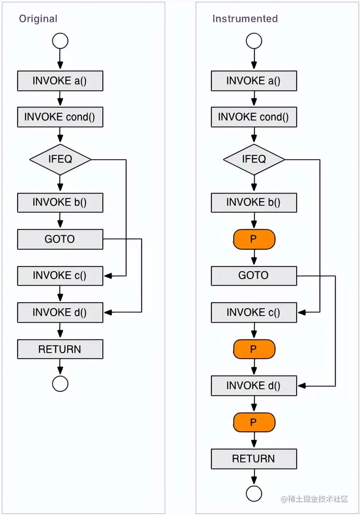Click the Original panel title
pos(38,19)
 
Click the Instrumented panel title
pos(245,19)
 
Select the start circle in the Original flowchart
pos(60,41)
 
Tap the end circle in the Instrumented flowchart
pos(254,493)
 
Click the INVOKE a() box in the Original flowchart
pos(60,81)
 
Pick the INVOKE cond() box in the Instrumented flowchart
pos(254,117)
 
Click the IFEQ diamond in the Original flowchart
pos(60,160)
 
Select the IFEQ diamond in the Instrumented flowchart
pos(254,160)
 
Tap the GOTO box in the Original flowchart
pos(60,239)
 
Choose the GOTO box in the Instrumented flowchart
pos(254,276)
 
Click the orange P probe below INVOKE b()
pos(254,239)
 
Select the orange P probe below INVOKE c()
pos(254,349)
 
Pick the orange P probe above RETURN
pos(254,422)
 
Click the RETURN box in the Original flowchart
pos(60,349)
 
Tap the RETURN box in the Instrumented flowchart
pos(254,459)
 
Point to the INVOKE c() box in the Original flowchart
pos(60,276)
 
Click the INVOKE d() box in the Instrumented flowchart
pos(254,385)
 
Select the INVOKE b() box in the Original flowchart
pos(60,202)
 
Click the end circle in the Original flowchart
pos(60,384)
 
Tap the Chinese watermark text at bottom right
pos(314,499)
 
